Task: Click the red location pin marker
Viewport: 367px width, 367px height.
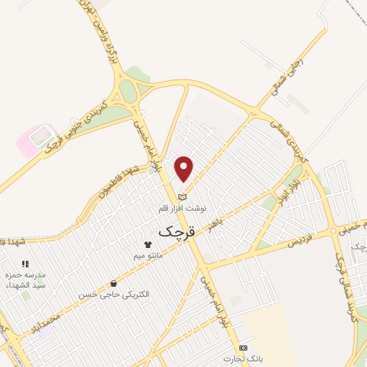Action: [184, 168]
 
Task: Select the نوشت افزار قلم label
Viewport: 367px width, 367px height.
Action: [182, 209]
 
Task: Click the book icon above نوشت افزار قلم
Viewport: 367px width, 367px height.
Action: [182, 196]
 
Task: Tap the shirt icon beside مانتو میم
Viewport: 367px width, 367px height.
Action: [149, 244]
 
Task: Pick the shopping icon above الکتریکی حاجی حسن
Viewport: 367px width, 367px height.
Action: [113, 283]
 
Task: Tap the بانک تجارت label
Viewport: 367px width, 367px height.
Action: [239, 358]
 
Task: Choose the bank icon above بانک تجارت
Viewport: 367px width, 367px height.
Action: [242, 347]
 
